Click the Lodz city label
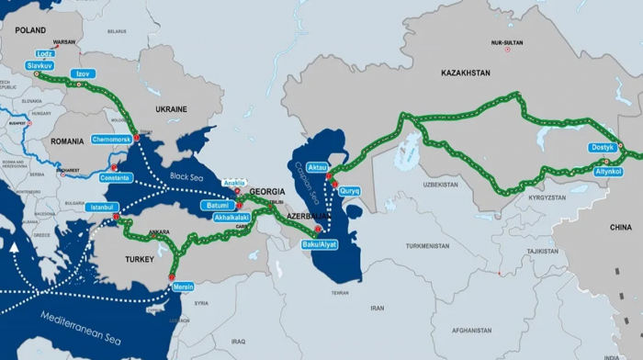point(44,54)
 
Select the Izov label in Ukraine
point(83,73)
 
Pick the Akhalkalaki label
point(231,218)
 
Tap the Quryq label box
point(350,191)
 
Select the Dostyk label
point(603,147)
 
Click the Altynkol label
point(609,172)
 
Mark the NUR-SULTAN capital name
point(506,42)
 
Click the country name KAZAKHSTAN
point(466,73)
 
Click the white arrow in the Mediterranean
point(14,247)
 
